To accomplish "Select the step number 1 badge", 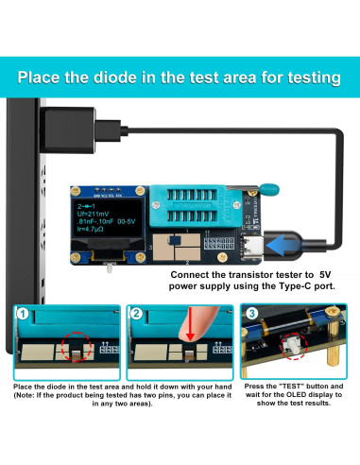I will (23, 315).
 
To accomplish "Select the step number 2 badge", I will (139, 315).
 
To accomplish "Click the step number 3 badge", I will (251, 315).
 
